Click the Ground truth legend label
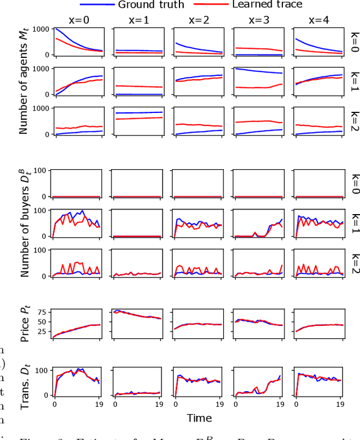tap(151, 5)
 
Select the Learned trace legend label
tap(263, 5)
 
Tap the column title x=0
tap(78, 19)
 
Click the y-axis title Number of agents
tap(24, 82)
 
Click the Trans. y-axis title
tap(24, 380)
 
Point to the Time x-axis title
tap(199, 418)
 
